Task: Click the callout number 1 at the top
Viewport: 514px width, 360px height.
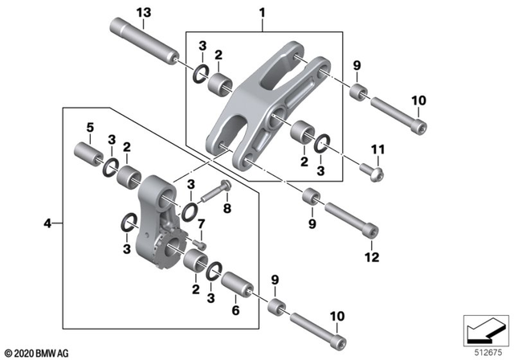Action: click(261, 13)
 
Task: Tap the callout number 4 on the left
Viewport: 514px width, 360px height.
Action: click(47, 223)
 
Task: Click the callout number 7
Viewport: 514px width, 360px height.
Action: click(202, 223)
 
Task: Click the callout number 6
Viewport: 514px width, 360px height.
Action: click(235, 310)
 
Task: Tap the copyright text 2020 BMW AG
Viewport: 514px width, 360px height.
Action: click(38, 352)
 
